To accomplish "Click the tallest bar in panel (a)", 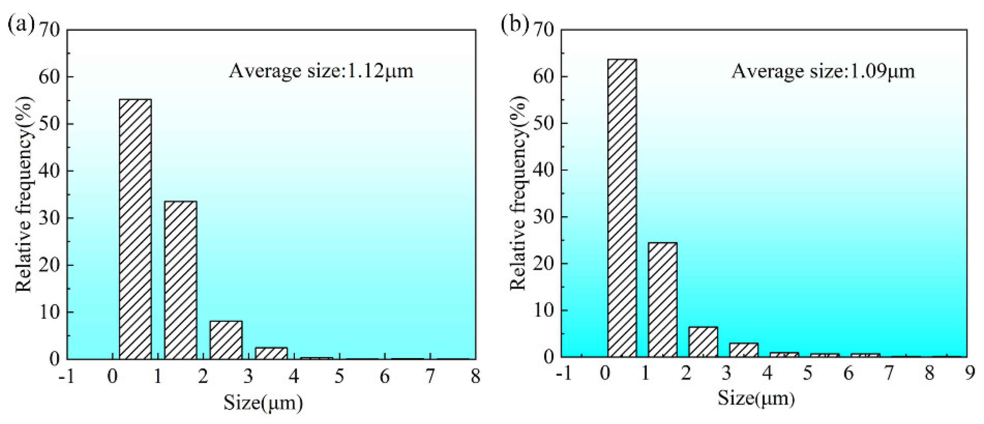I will [135, 229].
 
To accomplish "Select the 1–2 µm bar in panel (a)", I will [181, 280].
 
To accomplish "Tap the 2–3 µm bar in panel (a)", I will [226, 340].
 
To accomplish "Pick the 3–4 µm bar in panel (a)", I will [271, 353].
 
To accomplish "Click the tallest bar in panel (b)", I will [622, 208].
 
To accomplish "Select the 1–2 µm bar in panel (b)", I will [662, 300].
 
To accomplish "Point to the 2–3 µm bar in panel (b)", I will [703, 342].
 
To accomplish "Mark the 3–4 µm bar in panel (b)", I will [743, 350].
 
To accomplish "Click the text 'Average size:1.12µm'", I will [321, 71].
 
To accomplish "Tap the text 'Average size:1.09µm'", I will [823, 72].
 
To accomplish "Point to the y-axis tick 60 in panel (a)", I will [50, 77].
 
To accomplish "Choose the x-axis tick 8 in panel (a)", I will [475, 377].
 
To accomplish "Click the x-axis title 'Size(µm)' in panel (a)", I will [263, 403].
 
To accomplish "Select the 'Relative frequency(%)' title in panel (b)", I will [519, 193].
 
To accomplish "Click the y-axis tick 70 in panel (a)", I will [50, 31].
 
